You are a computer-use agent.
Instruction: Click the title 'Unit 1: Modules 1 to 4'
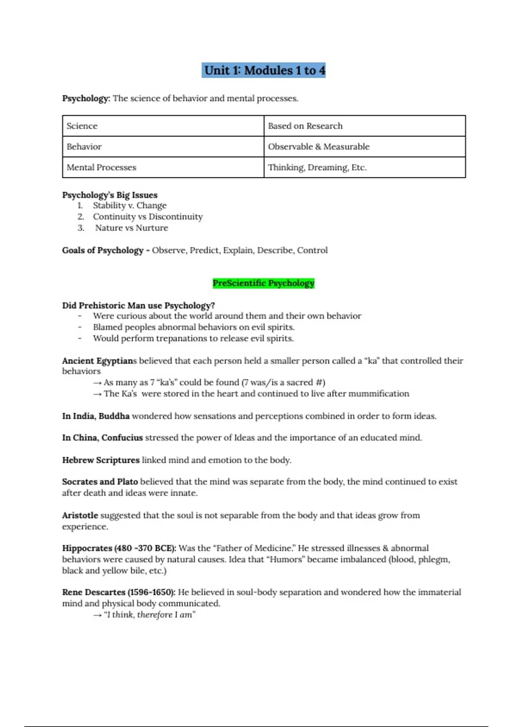pyautogui.click(x=264, y=70)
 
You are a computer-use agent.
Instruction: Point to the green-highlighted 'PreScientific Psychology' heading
pyautogui.click(x=263, y=283)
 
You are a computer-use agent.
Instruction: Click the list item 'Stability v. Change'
pyautogui.click(x=130, y=206)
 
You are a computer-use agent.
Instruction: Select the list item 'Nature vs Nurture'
pyautogui.click(x=131, y=228)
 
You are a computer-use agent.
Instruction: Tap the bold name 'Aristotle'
pyautogui.click(x=80, y=515)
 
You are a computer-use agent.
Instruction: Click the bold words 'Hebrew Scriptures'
pyautogui.click(x=101, y=460)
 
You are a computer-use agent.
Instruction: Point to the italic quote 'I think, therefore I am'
pyautogui.click(x=149, y=615)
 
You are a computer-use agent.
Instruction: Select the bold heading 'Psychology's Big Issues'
pyautogui.click(x=110, y=195)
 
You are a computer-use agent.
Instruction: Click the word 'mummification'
pyautogui.click(x=378, y=393)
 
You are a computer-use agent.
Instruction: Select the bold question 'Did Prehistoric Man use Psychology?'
pyautogui.click(x=139, y=305)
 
